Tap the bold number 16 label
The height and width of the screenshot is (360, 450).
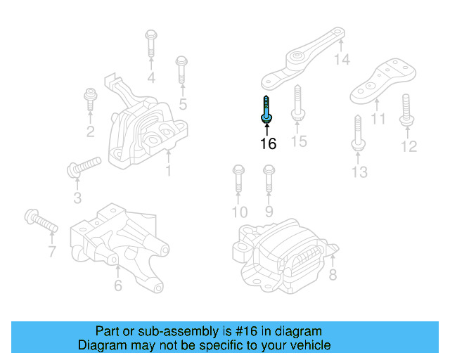click(268, 144)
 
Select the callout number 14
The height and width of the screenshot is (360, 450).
click(341, 60)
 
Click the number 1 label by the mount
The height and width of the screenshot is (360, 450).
click(168, 171)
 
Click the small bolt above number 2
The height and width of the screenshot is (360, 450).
click(90, 98)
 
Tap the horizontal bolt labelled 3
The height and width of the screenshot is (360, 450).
click(83, 167)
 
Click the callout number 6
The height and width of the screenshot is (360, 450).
click(118, 285)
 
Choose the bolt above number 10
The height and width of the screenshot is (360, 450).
click(238, 179)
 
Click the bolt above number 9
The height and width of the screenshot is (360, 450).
click(268, 179)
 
